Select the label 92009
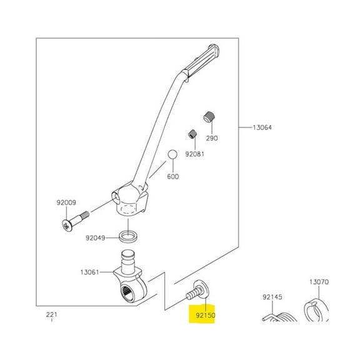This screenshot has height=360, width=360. pos(66,202)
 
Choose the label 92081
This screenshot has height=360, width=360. pos(194,153)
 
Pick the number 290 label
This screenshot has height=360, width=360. pos(212,138)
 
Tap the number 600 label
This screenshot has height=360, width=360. pos(173,176)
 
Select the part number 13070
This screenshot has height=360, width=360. pos(319,282)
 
